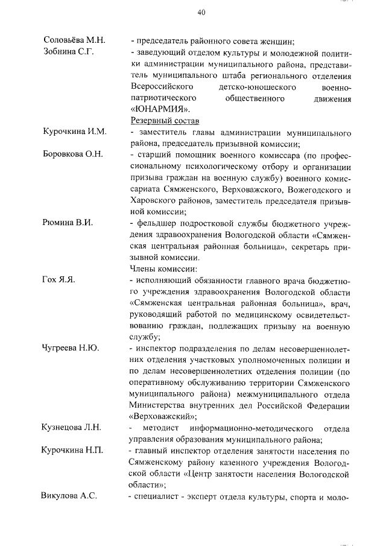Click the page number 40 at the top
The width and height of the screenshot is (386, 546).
tap(201, 13)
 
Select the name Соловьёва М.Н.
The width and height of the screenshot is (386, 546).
tap(75, 40)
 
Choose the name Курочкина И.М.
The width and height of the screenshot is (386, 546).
tap(75, 132)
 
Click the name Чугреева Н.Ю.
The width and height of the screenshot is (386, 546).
tap(71, 349)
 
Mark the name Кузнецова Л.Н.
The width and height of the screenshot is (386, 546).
tap(71, 428)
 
